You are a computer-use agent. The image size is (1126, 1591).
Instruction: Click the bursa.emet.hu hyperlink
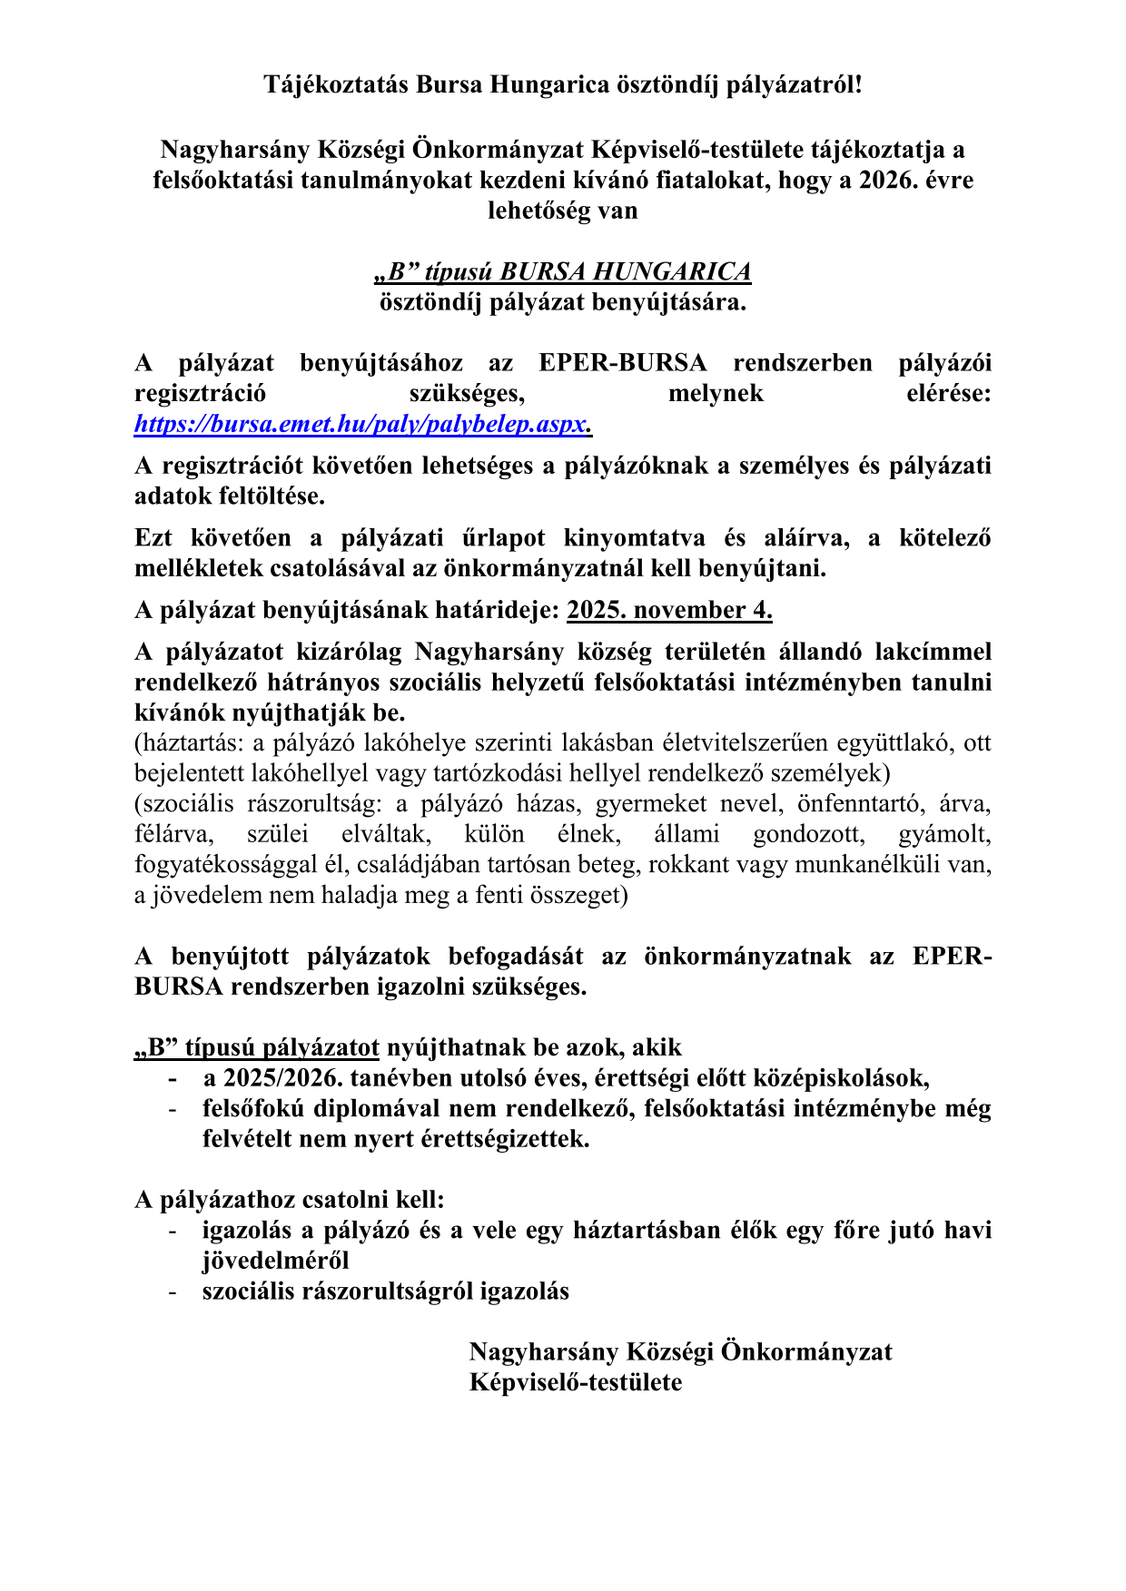point(362,424)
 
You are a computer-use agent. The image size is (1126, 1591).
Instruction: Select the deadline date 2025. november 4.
point(669,610)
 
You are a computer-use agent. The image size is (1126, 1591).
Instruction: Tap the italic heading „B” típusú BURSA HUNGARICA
point(563,271)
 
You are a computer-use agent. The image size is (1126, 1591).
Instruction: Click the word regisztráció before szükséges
point(200,394)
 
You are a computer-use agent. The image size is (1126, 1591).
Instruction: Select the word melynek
point(716,394)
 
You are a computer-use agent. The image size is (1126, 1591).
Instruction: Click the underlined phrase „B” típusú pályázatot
point(257,1047)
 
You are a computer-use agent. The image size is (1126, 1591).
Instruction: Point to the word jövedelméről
point(275,1261)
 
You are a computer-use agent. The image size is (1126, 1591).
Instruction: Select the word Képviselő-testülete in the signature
point(576,1382)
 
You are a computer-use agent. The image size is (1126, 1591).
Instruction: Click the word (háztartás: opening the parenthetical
point(189,743)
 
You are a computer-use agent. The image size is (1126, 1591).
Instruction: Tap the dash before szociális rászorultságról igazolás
point(172,1291)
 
